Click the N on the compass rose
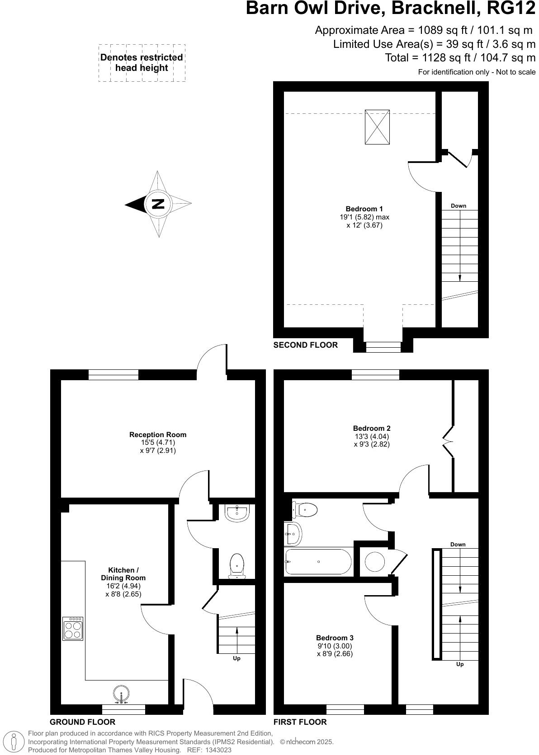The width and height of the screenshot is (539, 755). pos(158,204)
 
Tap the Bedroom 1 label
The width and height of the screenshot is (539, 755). pos(364,209)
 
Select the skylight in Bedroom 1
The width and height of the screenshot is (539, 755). pos(377,127)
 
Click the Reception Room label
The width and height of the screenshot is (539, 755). pos(158,434)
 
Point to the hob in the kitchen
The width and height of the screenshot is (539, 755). pos(73,629)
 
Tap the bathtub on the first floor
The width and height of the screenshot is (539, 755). pos(318,561)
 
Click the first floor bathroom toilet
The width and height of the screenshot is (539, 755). pos(305,510)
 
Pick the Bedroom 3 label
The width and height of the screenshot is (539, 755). pos(335,638)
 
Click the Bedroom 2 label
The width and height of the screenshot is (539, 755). pos(372,428)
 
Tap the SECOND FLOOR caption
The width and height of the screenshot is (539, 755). pos(306,345)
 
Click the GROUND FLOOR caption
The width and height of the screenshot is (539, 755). pos(82,722)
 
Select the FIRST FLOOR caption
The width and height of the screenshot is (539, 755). pos(300,722)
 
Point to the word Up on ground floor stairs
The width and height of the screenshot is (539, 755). pos(236,658)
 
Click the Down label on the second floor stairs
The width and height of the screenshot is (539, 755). pos(458,206)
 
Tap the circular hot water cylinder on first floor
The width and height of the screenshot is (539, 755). pos(375,562)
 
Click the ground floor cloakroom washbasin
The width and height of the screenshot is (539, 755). pos(236,513)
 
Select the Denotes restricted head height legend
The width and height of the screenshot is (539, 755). pos(142,63)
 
